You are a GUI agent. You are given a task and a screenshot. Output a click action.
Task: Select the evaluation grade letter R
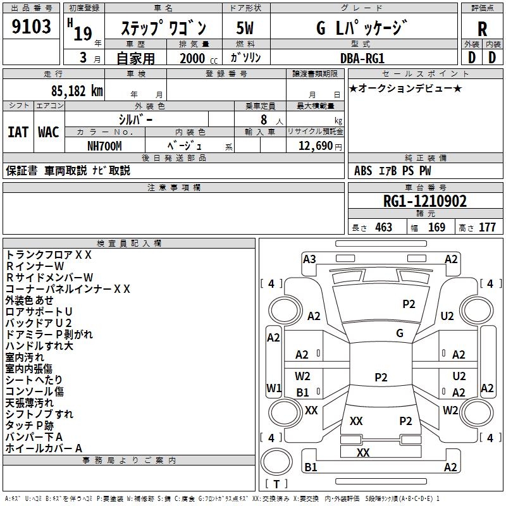pos(482,28)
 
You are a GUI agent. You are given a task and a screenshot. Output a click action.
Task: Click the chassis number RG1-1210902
pos(425,201)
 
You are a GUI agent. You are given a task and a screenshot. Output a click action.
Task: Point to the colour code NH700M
pos(104,146)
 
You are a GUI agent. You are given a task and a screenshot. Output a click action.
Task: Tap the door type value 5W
pos(245,28)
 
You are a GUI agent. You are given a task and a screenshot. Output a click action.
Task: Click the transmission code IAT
pos(18,132)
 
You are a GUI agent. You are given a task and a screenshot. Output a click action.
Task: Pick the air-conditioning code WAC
pos(48,132)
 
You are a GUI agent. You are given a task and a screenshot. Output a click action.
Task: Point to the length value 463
pos(383,227)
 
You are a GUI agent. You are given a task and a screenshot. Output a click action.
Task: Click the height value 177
pos(487,227)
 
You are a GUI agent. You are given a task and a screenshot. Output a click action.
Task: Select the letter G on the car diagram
pos(400,333)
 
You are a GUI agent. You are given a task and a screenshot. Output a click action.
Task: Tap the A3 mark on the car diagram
pos(309,259)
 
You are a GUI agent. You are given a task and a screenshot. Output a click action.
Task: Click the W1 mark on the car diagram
pos(273,388)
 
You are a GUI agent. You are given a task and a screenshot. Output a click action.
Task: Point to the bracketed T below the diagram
pos(276,484)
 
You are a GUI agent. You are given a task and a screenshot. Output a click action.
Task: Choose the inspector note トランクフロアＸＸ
pos(49,255)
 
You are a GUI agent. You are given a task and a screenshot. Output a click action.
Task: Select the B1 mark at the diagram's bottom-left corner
pos(311,467)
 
